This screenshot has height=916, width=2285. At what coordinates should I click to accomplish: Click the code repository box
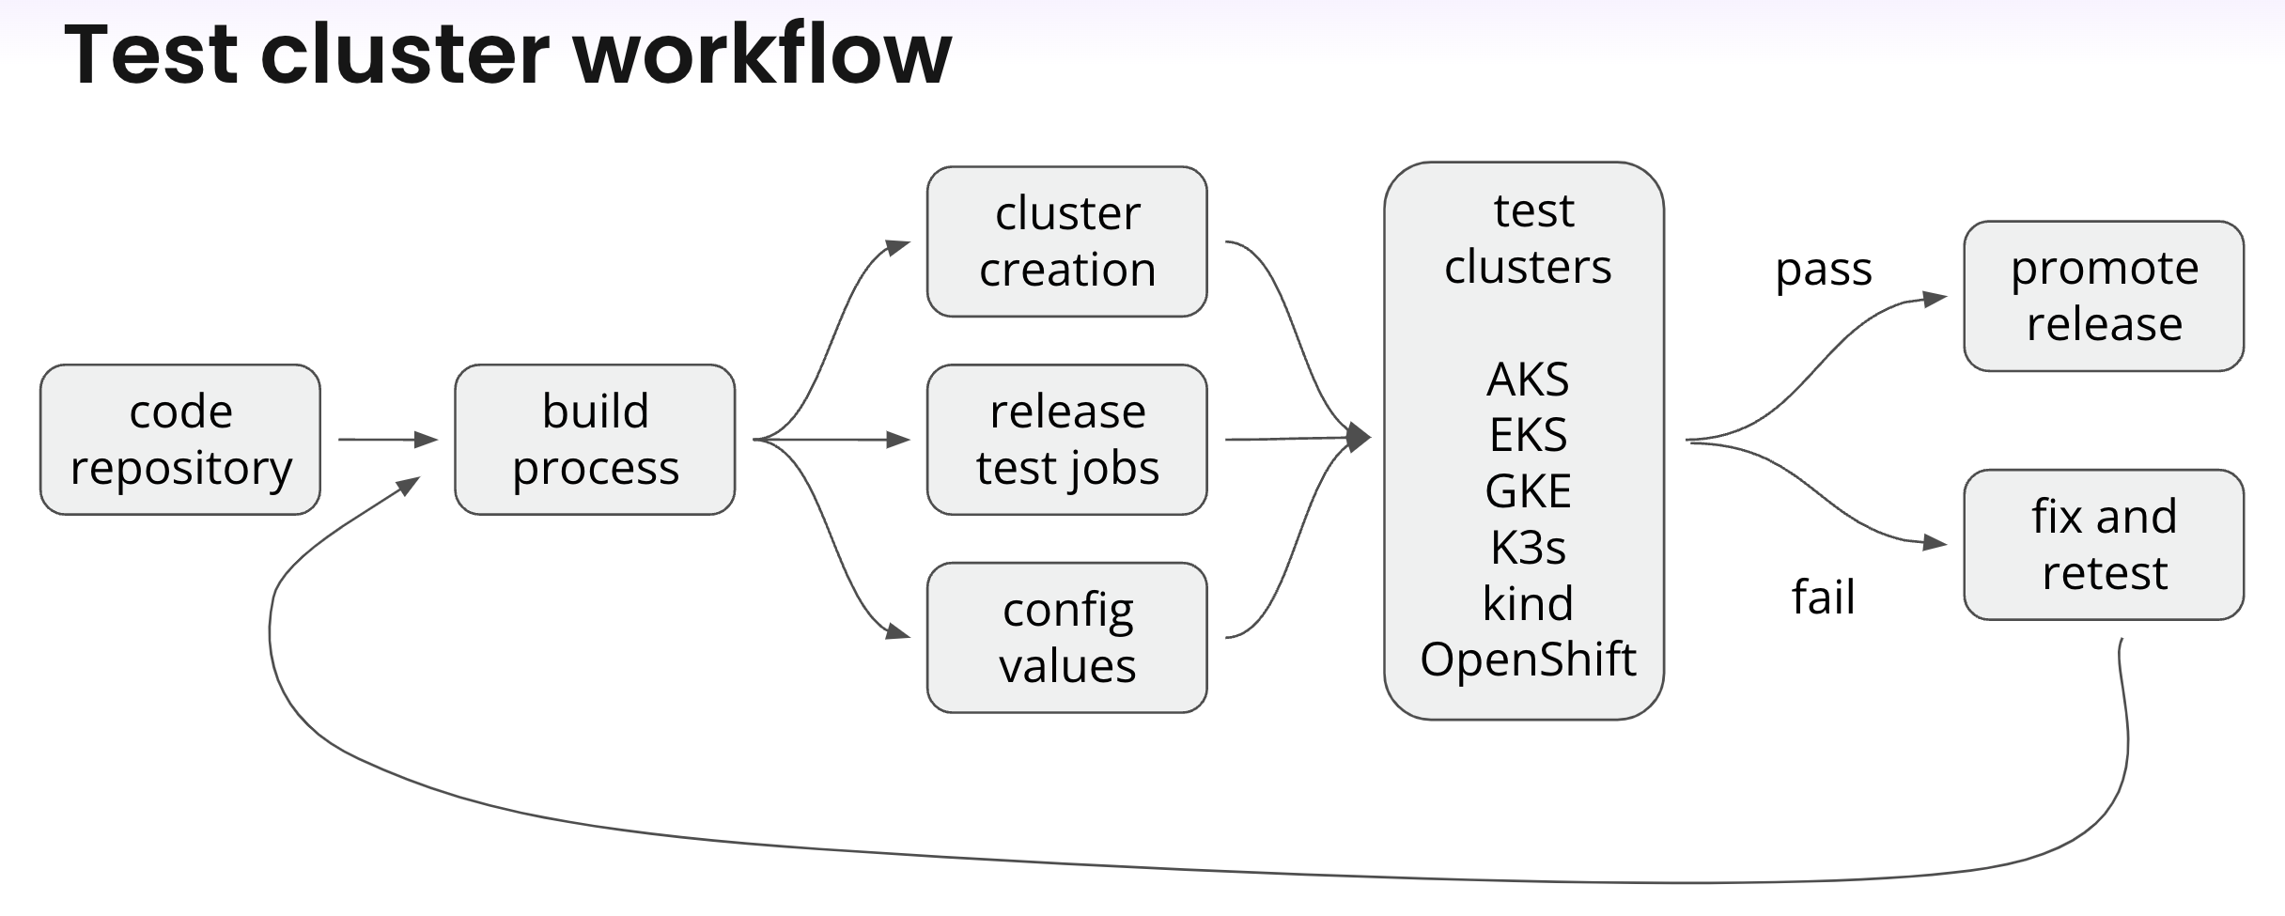(180, 440)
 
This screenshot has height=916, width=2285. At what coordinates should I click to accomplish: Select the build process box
(595, 440)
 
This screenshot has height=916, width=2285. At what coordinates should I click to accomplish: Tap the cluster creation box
(1066, 241)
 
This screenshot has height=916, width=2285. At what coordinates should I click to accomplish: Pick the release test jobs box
(1066, 440)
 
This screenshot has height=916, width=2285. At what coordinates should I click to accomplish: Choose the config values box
(1066, 638)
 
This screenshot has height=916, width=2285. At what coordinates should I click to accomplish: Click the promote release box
(2104, 296)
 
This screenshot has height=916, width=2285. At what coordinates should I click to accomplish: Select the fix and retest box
(2104, 545)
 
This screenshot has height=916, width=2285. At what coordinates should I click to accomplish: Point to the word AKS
(1528, 380)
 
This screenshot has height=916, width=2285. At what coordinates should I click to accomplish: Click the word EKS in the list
(1528, 435)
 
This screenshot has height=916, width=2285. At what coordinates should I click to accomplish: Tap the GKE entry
(1528, 491)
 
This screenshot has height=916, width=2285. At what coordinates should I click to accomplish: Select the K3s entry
(1528, 548)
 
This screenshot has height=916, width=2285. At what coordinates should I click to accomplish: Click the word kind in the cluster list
(1528, 603)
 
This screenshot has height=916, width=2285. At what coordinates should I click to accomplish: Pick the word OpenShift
(1528, 660)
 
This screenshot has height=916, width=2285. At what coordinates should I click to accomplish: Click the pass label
(1823, 270)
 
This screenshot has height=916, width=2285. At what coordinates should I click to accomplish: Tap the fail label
(1823, 598)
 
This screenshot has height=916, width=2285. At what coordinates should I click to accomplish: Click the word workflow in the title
(762, 54)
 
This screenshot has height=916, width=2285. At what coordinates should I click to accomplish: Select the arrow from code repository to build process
(387, 439)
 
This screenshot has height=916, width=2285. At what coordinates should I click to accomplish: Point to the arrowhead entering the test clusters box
(1359, 437)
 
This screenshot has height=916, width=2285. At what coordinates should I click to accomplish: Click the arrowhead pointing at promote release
(1935, 299)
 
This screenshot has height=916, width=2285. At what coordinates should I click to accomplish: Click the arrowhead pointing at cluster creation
(898, 247)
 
